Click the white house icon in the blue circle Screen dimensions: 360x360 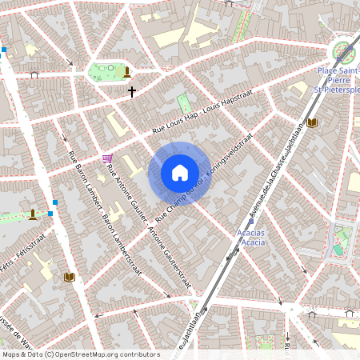tap(180, 173)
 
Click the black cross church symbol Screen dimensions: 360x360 tap(132, 92)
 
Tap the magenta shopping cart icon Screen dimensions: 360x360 tap(107, 158)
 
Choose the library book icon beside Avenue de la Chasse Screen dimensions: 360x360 tap(312, 122)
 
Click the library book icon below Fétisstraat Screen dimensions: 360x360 tap(69, 277)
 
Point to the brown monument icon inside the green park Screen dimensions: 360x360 tap(126, 73)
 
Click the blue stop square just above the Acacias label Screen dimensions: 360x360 tap(250, 222)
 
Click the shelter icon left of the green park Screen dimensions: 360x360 tap(34, 74)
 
